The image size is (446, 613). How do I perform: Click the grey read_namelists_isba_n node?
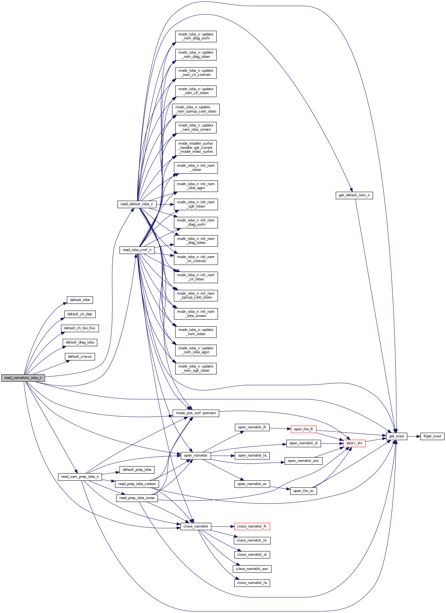pyautogui.click(x=23, y=378)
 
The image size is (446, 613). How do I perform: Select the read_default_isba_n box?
pyautogui.click(x=137, y=204)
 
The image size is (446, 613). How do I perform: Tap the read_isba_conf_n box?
pyautogui.click(x=137, y=250)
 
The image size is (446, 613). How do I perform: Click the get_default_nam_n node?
pyautogui.click(x=354, y=195)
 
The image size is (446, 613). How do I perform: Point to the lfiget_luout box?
pyautogui.click(x=432, y=436)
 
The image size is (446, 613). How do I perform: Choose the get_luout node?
pyautogui.click(x=396, y=436)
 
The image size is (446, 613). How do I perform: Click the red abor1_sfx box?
pyautogui.click(x=354, y=443)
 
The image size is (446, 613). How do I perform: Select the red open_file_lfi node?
pyautogui.click(x=303, y=429)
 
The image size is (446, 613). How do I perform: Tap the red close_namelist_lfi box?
pyautogui.click(x=252, y=526)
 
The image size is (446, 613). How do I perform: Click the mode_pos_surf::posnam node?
pyautogui.click(x=196, y=413)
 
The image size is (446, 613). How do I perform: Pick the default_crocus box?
pyautogui.click(x=80, y=357)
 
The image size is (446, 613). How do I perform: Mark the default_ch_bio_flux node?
pyautogui.click(x=80, y=328)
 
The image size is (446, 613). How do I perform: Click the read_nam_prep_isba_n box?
pyautogui.click(x=80, y=477)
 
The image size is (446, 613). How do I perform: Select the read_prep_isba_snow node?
pyautogui.click(x=137, y=498)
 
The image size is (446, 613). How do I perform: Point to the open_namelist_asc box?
pyautogui.click(x=303, y=461)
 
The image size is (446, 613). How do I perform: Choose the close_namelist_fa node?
pyautogui.click(x=252, y=583)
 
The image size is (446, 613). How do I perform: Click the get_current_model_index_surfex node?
pyautogui.click(x=196, y=148)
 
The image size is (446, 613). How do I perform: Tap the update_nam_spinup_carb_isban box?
pyautogui.click(x=196, y=109)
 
